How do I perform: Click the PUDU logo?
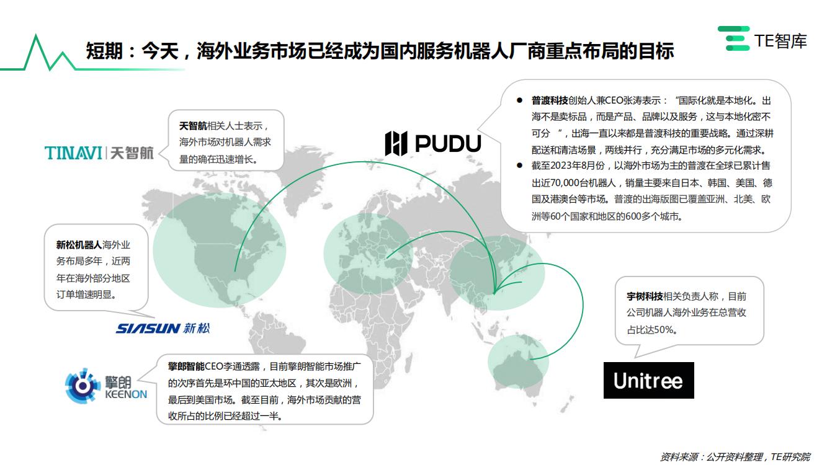coord(433,143)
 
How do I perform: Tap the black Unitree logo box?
coord(649,380)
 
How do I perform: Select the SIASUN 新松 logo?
coord(163,328)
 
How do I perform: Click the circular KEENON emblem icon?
coord(83,386)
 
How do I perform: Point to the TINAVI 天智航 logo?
coord(99,153)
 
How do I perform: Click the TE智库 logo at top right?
coord(762,38)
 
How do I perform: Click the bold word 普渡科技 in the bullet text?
coord(549,100)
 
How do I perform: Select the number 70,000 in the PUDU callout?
coord(564,183)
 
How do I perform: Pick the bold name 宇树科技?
coord(645,296)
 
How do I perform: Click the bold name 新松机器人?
coord(79,245)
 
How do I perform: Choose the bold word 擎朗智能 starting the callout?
coord(186,366)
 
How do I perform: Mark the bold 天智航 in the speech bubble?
coord(193,126)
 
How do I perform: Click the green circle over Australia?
coord(518,361)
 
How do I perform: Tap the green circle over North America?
coord(219,250)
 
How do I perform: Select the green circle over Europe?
coord(368,254)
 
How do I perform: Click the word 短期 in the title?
coord(104,51)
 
